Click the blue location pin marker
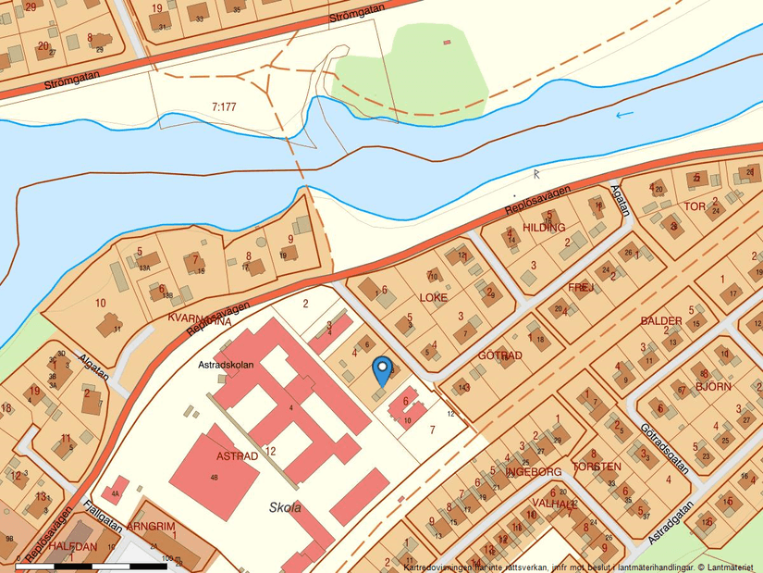click(381, 371)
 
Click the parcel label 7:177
click(224, 106)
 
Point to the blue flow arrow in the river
click(625, 115)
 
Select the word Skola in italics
click(285, 507)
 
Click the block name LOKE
click(433, 298)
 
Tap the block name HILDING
click(543, 227)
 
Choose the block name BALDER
click(661, 320)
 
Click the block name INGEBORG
click(535, 471)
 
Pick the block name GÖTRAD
click(500, 355)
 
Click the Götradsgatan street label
click(664, 448)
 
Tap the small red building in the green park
click(448, 43)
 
